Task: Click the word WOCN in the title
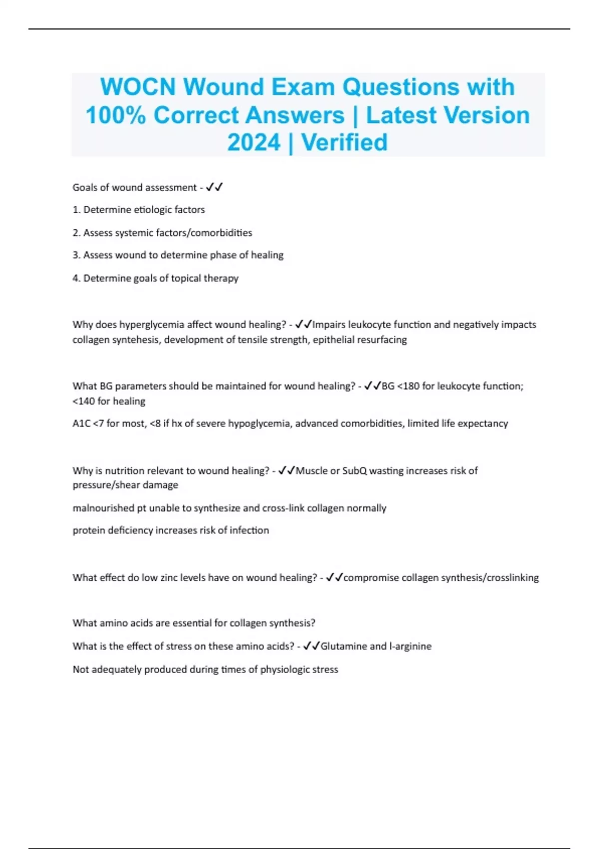click(x=138, y=87)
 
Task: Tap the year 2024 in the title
click(x=254, y=143)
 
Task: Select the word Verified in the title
click(x=344, y=143)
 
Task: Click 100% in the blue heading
click(x=115, y=115)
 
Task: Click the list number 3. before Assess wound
click(x=76, y=255)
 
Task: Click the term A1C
click(x=81, y=424)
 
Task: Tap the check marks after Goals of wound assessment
click(x=214, y=187)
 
